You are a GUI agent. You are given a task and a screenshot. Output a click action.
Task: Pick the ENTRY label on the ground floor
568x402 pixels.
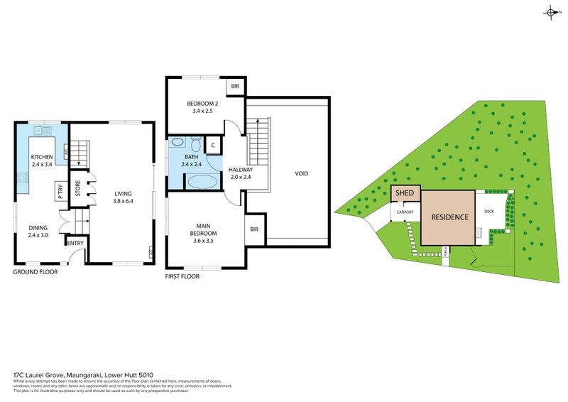point(75,243)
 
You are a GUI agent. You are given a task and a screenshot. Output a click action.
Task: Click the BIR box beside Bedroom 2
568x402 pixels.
point(235,87)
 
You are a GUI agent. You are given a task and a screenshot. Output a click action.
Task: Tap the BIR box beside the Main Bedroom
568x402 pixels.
point(254,229)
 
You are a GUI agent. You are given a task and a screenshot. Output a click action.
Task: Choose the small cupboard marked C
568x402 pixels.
point(213,145)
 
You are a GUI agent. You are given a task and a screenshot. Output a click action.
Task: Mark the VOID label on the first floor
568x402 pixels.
point(302,173)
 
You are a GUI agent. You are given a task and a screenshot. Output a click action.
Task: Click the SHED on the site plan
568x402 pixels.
point(405,193)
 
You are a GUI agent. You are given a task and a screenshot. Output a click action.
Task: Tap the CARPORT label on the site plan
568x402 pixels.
point(405,212)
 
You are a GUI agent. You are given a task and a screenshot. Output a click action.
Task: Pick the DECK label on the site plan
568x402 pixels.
point(489,211)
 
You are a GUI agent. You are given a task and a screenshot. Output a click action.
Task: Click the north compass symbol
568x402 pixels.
point(550,12)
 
